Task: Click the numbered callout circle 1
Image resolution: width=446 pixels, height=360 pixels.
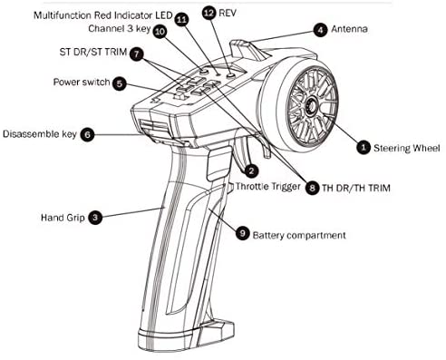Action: (364, 148)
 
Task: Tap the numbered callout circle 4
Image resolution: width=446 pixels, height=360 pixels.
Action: (320, 30)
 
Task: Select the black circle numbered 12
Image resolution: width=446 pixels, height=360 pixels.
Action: (209, 13)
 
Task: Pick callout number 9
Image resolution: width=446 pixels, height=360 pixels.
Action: (242, 233)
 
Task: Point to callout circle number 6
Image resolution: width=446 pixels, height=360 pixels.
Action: (87, 134)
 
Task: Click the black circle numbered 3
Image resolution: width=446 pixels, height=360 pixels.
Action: (95, 218)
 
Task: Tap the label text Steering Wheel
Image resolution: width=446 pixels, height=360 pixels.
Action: (407, 148)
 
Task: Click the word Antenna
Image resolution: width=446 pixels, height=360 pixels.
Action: (349, 29)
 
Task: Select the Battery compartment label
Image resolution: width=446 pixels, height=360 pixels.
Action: (299, 235)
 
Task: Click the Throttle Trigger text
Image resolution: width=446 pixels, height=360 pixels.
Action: (267, 187)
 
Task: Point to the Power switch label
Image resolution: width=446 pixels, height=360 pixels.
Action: (82, 82)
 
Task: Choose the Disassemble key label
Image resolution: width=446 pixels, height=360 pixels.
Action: (40, 134)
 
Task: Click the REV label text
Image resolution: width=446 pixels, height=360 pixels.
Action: (228, 13)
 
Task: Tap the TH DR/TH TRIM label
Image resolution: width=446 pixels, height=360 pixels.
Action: (356, 188)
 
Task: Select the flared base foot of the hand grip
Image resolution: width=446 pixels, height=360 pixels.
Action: (186, 336)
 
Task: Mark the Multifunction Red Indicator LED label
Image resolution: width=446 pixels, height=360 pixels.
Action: (103, 15)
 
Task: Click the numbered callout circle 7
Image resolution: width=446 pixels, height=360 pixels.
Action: (137, 54)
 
